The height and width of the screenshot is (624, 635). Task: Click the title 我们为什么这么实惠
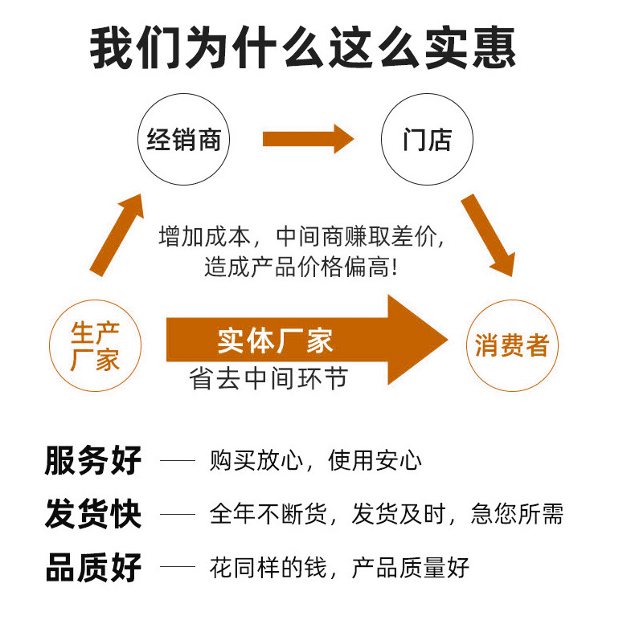[302, 47]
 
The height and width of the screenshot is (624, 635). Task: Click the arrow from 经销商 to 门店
[308, 139]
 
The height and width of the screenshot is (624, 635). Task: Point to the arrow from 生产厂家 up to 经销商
[117, 235]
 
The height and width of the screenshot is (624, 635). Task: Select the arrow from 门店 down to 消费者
[488, 235]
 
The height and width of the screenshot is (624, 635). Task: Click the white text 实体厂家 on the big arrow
[275, 341]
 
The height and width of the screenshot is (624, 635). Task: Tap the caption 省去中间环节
[268, 378]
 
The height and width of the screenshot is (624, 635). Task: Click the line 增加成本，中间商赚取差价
[301, 236]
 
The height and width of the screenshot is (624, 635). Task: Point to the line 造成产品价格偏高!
[301, 267]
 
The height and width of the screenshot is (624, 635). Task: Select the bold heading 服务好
[93, 460]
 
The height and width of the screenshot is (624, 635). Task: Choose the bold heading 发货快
[93, 514]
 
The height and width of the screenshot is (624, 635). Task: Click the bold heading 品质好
[93, 567]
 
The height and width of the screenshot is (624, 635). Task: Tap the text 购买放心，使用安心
[315, 460]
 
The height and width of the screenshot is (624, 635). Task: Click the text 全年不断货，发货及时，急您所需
[387, 514]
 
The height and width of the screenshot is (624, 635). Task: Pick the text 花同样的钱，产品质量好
[339, 567]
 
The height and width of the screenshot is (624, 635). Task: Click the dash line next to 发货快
[178, 514]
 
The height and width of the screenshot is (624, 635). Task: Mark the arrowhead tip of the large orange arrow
[448, 340]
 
